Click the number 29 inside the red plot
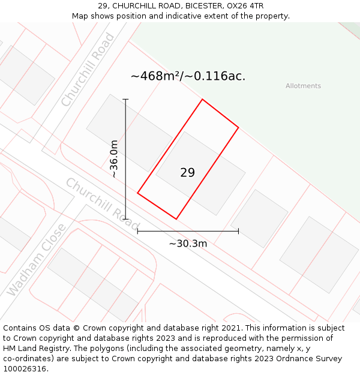pyautogui.click(x=187, y=173)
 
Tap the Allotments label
pyautogui.click(x=303, y=86)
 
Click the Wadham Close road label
pyautogui.click(x=36, y=260)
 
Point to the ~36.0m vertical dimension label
pyautogui.click(x=113, y=159)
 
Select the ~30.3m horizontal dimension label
pyautogui.click(x=188, y=244)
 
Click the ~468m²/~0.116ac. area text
pyautogui.click(x=188, y=76)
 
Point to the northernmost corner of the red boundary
pyautogui.click(x=202, y=99)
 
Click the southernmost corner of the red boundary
pyautogui.click(x=176, y=219)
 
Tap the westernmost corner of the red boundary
pyautogui.click(x=138, y=193)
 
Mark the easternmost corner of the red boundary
pyautogui.click(x=238, y=127)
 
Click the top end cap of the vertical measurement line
pyautogui.click(x=125, y=99)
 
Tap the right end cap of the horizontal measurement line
pyautogui.click(x=238, y=231)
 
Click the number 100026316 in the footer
pyautogui.click(x=23, y=369)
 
